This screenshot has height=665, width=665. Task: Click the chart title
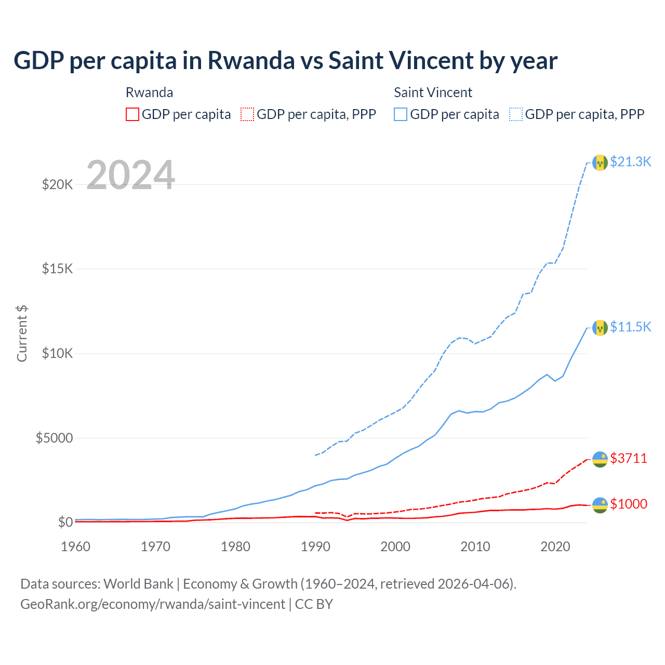[x=285, y=61]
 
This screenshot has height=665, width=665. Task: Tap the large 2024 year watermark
[x=130, y=175]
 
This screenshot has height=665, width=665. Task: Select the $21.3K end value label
[x=630, y=162]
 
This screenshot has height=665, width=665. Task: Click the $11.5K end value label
[x=630, y=327]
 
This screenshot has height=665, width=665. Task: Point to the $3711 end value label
[x=629, y=458]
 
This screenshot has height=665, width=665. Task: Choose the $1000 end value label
[x=629, y=504]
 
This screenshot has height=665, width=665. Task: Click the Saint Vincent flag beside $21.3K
[x=600, y=163]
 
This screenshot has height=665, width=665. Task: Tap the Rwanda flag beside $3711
[x=600, y=459]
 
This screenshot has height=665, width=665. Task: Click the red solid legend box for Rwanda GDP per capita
[x=132, y=114]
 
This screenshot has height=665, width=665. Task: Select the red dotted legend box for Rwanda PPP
[x=248, y=114]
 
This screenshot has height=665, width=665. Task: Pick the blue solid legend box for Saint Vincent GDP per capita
[x=401, y=114]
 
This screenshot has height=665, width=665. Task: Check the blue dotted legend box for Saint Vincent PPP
[x=516, y=114]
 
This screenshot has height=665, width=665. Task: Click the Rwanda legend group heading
[x=149, y=92]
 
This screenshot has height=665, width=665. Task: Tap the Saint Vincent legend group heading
[x=433, y=92]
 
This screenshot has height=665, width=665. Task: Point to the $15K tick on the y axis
[x=57, y=269]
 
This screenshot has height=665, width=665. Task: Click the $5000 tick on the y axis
[x=54, y=438]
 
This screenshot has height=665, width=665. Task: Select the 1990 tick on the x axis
[x=315, y=547]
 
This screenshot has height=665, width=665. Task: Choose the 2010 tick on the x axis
[x=475, y=547]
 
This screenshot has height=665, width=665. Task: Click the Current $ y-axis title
[x=22, y=334]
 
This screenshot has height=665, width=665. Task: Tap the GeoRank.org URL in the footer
[x=153, y=604]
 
